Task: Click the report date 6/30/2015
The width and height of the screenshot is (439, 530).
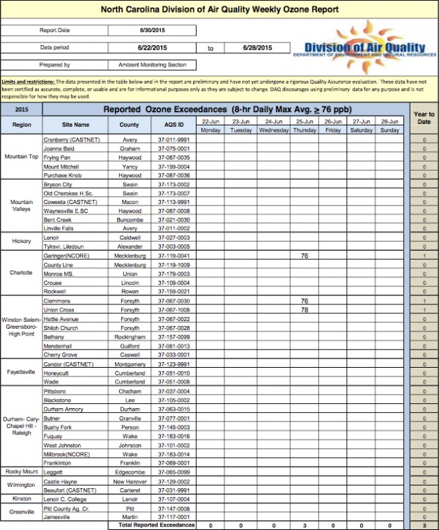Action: (151, 31)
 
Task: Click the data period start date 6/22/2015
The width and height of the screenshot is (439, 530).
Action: (151, 47)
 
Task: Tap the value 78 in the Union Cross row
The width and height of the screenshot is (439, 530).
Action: (304, 309)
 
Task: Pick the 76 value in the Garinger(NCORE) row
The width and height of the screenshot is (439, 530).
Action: (304, 256)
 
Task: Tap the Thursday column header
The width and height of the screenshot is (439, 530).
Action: (304, 130)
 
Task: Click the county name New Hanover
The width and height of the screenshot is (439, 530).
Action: (130, 481)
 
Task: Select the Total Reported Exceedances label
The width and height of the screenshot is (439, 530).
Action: (153, 524)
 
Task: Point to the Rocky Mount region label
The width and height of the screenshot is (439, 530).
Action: (22, 471)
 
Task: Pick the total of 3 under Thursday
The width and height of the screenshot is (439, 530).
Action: (304, 525)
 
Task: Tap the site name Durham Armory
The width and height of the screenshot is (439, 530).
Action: (63, 409)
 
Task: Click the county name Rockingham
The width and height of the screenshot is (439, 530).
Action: (130, 336)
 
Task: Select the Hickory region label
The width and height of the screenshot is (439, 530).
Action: (22, 241)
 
